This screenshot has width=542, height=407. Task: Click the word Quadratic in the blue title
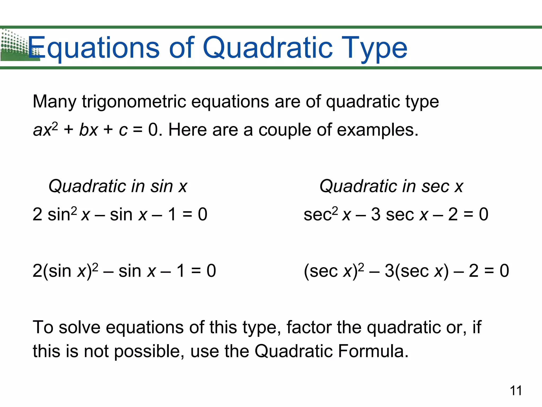[267, 48]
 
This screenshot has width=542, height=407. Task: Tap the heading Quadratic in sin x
[118, 186]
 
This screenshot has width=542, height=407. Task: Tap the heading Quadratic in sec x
[391, 186]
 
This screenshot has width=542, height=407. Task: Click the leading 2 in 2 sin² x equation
[37, 214]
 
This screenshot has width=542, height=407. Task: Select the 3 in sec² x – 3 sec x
[376, 214]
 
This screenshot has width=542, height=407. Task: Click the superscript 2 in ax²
[55, 125]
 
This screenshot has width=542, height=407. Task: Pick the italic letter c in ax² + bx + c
[123, 131]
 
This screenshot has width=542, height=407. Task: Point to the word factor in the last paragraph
[309, 328]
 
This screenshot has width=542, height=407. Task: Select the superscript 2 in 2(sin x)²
[95, 266]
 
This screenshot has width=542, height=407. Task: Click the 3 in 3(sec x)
[389, 271]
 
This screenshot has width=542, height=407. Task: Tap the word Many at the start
[55, 102]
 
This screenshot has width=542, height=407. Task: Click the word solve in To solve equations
[79, 328]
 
